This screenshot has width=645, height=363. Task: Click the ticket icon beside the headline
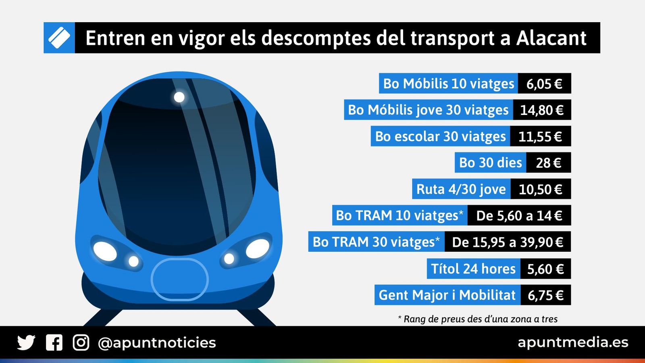pos(59,38)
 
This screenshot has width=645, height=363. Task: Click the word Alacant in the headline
pos(551,38)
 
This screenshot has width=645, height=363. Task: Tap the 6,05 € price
pos(544,83)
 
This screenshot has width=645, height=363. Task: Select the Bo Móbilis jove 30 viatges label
pos(428,110)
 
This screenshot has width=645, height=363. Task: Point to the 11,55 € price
pos(540,136)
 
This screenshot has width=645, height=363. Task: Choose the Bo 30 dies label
pos(490,163)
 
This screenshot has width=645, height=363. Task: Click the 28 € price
pos(548,163)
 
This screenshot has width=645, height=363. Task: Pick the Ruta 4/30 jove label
pos(461,189)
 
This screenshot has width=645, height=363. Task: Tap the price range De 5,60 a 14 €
pos(519,216)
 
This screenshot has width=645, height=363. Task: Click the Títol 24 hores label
pos(473,269)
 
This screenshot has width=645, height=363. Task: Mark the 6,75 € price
pos(545,295)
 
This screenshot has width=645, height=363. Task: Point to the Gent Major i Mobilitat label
pos(447,295)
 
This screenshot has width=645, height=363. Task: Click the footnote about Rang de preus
pos(478,319)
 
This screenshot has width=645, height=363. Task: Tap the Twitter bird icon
pos(26,343)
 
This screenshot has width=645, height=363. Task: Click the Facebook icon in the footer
pos(54,343)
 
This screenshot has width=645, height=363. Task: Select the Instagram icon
pos(81,343)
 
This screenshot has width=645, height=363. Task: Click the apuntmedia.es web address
pos(573,342)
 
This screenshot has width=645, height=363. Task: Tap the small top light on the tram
pos(179,97)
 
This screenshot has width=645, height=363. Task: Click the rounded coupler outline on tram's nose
pos(179,279)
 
